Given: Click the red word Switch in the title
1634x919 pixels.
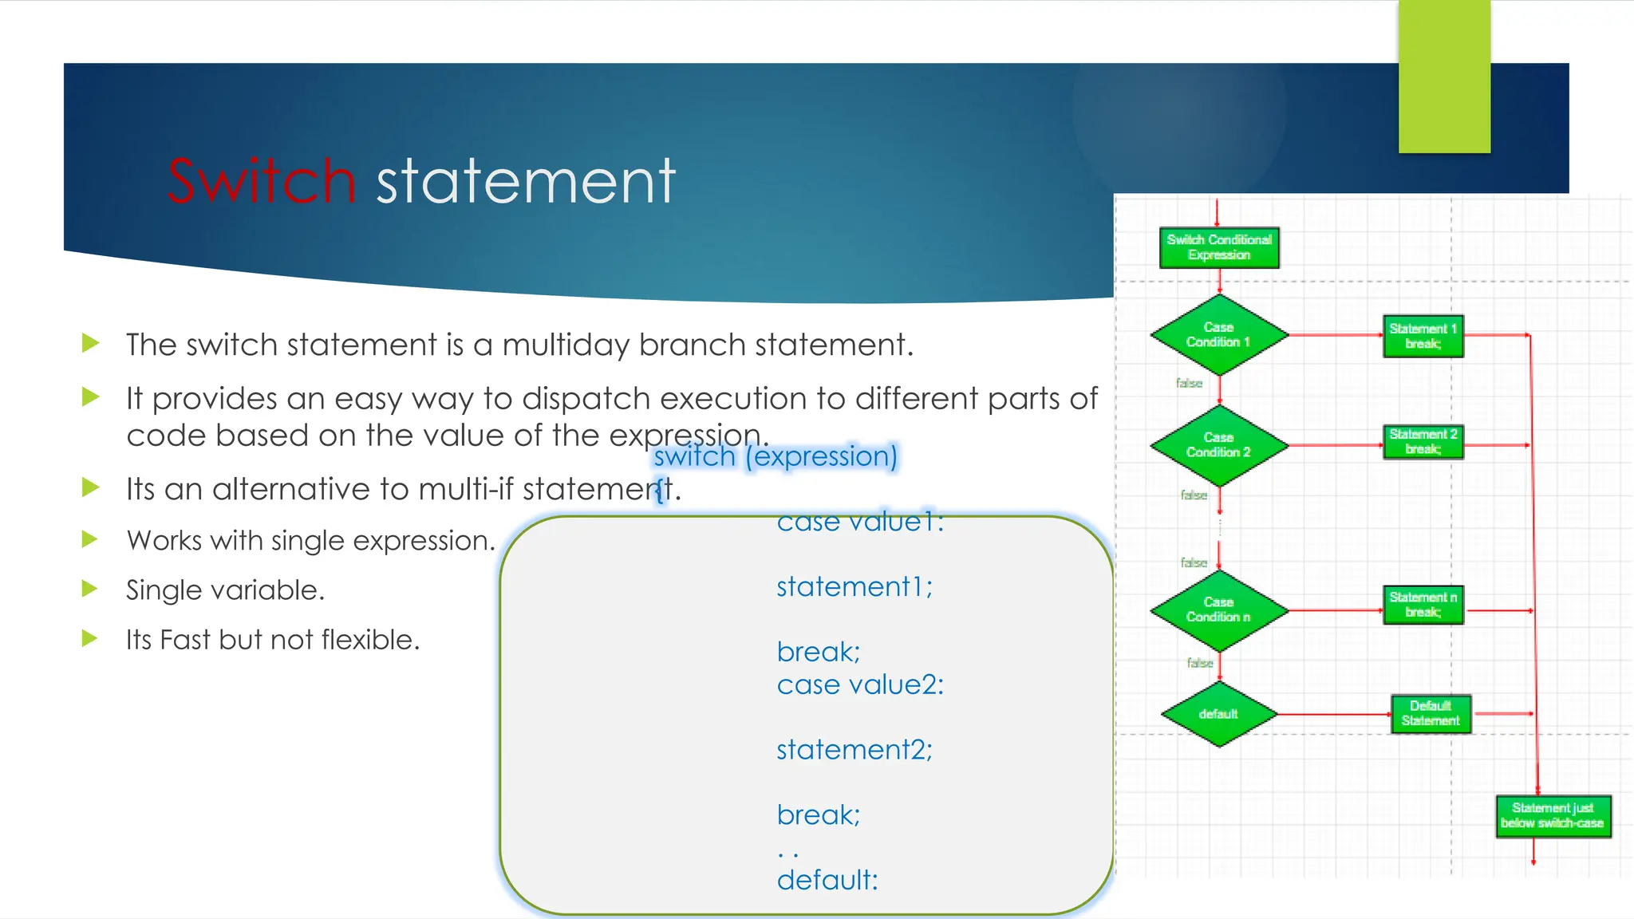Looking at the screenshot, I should click(x=261, y=181).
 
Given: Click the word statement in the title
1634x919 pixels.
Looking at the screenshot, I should click(x=526, y=181).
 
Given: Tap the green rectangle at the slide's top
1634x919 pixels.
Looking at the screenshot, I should click(x=1444, y=77).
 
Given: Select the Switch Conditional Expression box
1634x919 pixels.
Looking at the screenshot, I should click(x=1218, y=247).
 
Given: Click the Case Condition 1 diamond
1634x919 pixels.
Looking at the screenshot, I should click(x=1218, y=335).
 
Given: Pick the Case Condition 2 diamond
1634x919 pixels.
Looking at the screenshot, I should click(x=1218, y=445).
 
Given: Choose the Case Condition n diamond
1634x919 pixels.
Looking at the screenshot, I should click(x=1218, y=610).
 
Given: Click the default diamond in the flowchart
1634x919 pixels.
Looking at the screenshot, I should click(x=1218, y=714).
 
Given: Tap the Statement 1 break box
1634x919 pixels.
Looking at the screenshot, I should click(x=1423, y=336).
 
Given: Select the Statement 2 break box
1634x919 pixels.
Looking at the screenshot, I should click(x=1423, y=442).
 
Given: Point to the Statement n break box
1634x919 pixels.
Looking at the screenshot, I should click(x=1423, y=605).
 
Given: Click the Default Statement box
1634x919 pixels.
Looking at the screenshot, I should click(x=1431, y=713).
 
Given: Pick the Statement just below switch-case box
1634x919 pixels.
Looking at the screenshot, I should click(x=1553, y=816).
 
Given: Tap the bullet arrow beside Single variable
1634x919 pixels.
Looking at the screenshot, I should click(x=90, y=590).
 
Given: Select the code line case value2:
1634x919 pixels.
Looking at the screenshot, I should click(x=860, y=684).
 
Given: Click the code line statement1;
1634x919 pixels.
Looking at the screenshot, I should click(x=854, y=587).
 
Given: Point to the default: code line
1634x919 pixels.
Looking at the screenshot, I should click(x=827, y=880).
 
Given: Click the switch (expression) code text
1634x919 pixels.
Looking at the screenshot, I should click(x=776, y=456).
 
